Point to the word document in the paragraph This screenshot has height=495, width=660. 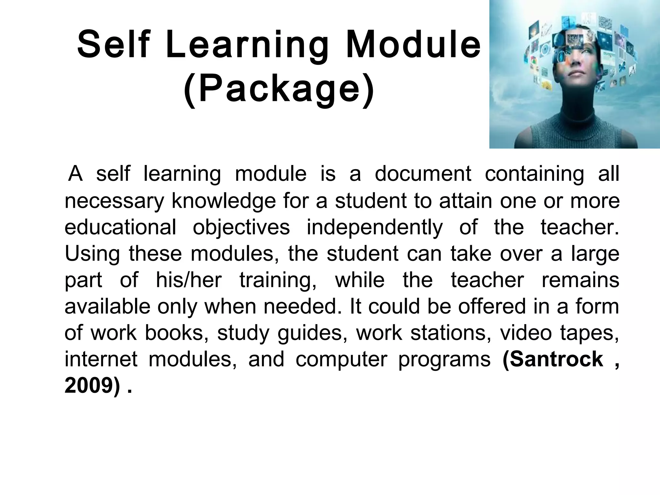(x=423, y=174)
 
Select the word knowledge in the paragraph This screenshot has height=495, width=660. (x=224, y=201)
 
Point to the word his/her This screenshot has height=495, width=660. (x=189, y=280)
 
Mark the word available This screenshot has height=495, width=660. (x=107, y=306)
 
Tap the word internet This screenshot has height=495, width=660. (x=101, y=359)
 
